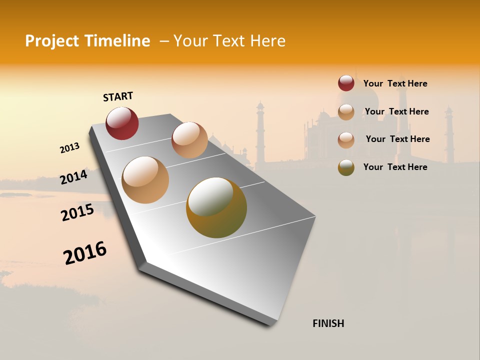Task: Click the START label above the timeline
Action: tap(118, 96)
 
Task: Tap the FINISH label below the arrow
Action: tap(328, 323)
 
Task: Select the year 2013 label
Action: tap(70, 148)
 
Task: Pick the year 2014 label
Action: tap(74, 177)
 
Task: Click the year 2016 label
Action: tap(85, 253)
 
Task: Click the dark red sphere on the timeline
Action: tap(122, 123)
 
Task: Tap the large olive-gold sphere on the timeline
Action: tap(216, 207)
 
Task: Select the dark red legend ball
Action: tap(346, 83)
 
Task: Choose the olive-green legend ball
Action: tap(346, 167)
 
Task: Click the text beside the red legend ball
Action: tap(395, 83)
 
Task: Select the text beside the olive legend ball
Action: tap(395, 167)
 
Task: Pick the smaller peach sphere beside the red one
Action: tap(189, 140)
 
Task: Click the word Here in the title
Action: tap(267, 41)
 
